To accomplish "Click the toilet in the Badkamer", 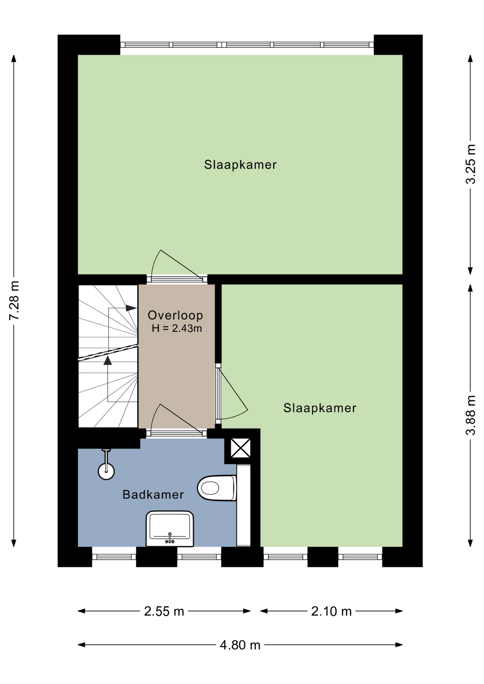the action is pyautogui.click(x=217, y=488).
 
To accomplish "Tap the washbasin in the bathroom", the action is pyautogui.click(x=170, y=529).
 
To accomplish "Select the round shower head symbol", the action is pyautogui.click(x=106, y=471).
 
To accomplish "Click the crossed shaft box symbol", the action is pyautogui.click(x=241, y=448).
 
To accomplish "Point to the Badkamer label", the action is pyautogui.click(x=153, y=494).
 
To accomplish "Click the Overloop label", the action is pyautogui.click(x=175, y=315).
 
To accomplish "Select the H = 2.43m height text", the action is pyautogui.click(x=177, y=328).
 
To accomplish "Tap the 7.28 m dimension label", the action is pyautogui.click(x=14, y=300).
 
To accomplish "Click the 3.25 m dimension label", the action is pyautogui.click(x=470, y=164).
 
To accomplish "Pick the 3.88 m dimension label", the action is pyautogui.click(x=470, y=415).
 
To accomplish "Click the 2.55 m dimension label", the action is pyautogui.click(x=164, y=611).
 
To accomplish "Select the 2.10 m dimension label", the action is pyautogui.click(x=331, y=611).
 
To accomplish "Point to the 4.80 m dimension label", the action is pyautogui.click(x=240, y=645).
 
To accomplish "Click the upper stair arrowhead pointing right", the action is pyautogui.click(x=131, y=308).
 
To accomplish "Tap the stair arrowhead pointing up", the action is pyautogui.click(x=108, y=361).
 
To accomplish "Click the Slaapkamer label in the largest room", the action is pyautogui.click(x=240, y=165).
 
